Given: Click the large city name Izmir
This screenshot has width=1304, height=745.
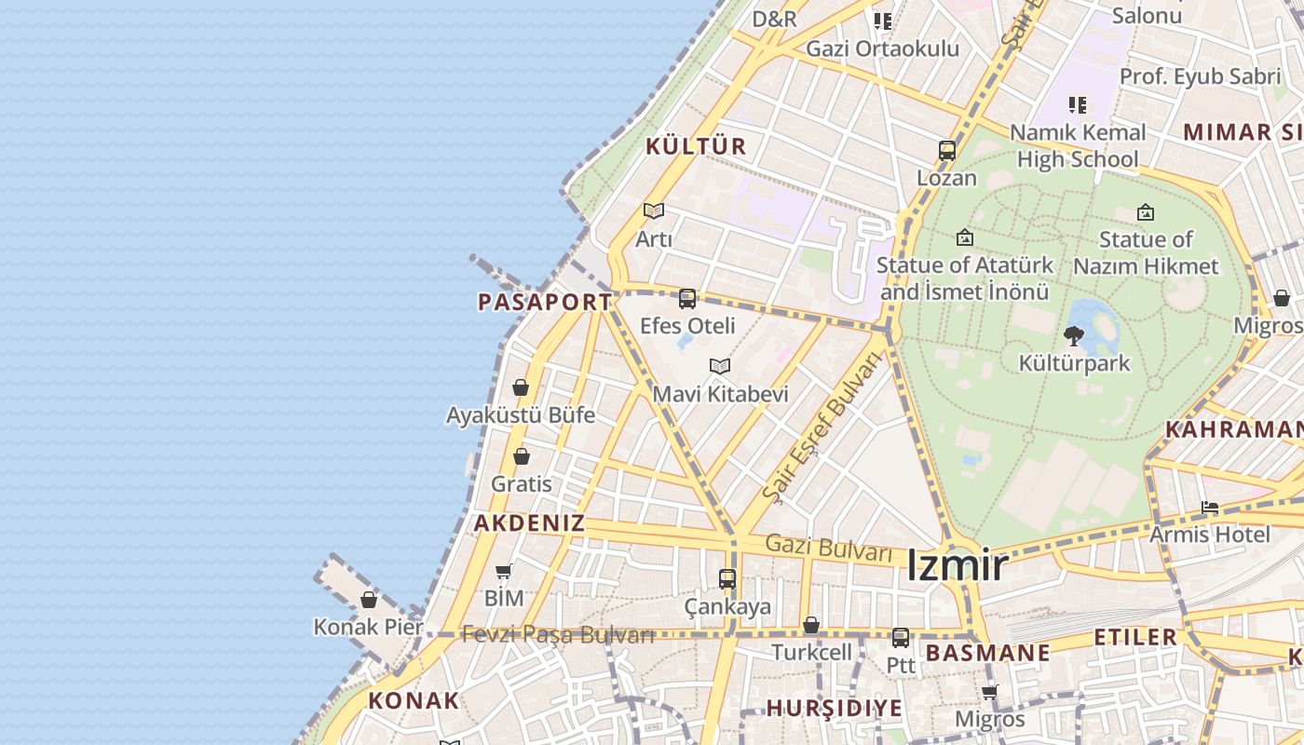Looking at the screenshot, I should tap(958, 565).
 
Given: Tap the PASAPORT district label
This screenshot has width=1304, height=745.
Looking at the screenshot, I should tap(545, 302).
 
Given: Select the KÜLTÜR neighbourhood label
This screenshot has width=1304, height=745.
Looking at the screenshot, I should tap(696, 146).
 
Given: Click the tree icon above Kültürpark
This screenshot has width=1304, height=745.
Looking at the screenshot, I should tap(1074, 335).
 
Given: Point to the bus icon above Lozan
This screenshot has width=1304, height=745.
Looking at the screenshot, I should tap(947, 151).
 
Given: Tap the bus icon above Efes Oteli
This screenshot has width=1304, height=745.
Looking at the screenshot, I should tap(687, 299).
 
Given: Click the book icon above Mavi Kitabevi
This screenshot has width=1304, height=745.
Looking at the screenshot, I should tap(720, 366).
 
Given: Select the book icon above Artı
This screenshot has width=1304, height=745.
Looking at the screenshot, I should tap(654, 211).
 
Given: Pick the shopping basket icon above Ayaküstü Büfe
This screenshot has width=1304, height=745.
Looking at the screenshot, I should tap(521, 387).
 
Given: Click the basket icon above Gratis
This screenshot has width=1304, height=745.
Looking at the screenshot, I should tap(522, 456).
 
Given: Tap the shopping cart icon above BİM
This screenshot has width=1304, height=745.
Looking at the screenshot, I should tap(504, 571).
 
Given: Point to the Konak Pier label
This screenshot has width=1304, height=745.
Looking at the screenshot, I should tap(368, 627).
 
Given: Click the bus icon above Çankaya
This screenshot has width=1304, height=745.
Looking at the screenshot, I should tap(727, 579).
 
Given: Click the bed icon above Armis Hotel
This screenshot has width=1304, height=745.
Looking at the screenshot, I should tap(1210, 508).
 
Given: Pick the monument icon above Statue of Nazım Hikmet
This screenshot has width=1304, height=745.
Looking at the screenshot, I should tap(1146, 212).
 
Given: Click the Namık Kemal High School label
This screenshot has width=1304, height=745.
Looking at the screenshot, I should tap(1078, 145).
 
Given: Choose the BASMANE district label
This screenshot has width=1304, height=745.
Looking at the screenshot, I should tap(988, 653).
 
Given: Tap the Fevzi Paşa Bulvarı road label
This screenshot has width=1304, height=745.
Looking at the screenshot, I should tap(558, 635).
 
